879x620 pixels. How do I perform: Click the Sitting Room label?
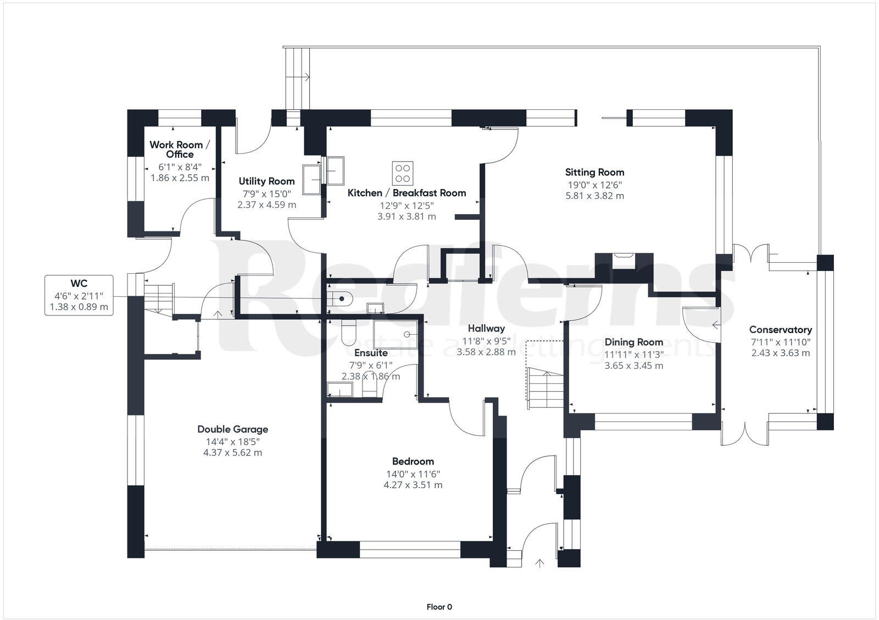(594, 172)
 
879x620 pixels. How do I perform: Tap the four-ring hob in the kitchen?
(403, 173)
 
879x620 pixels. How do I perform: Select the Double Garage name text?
(233, 429)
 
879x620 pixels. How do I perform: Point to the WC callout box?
(79, 295)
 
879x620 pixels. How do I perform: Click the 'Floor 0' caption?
(439, 607)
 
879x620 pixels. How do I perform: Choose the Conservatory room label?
(781, 330)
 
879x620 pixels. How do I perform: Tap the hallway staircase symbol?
(544, 388)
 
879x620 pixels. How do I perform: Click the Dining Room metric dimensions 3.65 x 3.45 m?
(634, 366)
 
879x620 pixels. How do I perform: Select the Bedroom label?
(413, 461)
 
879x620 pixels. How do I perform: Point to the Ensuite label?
(371, 353)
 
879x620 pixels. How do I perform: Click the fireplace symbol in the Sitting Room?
(624, 261)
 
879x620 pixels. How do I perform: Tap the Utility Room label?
(266, 181)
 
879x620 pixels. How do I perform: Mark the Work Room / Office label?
(180, 150)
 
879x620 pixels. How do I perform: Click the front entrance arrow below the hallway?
(539, 563)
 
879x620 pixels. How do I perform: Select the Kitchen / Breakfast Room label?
(407, 193)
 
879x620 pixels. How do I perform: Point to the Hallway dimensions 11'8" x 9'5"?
(486, 341)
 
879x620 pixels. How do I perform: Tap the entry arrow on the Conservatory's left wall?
(717, 325)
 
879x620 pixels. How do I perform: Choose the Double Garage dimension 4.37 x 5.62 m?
(233, 452)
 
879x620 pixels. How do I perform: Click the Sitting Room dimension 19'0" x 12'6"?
(594, 185)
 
